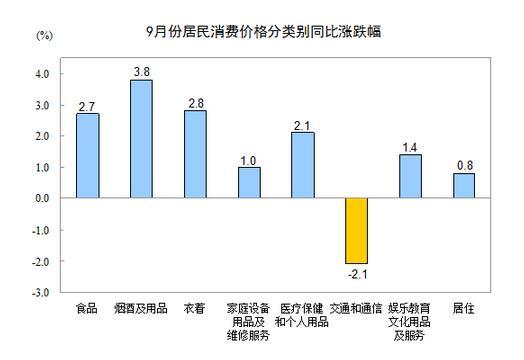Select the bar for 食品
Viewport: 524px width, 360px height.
[x=87, y=155]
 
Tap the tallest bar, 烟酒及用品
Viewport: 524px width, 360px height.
[x=141, y=138]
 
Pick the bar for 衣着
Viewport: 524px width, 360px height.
[x=194, y=154]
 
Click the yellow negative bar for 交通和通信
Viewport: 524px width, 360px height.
[x=356, y=230]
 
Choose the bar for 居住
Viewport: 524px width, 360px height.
[x=463, y=185]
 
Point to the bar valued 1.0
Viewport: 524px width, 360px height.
[x=248, y=182]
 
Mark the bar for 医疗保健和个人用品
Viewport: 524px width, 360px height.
[x=302, y=165]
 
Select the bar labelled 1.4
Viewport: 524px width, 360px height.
[x=410, y=176]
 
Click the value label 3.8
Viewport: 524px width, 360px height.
[x=141, y=71]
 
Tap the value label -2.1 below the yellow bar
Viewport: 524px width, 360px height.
[x=356, y=273]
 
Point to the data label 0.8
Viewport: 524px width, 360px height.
[x=463, y=165]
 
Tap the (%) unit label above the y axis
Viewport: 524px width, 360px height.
[x=43, y=36]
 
